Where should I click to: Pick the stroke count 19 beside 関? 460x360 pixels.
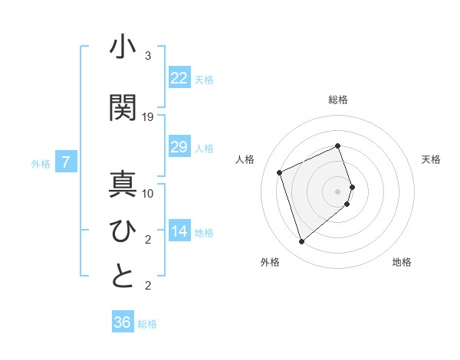click(x=148, y=116)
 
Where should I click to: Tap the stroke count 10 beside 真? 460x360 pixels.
click(x=148, y=193)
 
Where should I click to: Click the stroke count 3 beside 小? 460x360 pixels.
click(x=148, y=56)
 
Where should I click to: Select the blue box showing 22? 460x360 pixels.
click(x=179, y=78)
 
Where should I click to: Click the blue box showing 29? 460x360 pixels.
click(x=179, y=147)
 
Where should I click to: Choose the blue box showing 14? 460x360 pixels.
click(x=179, y=231)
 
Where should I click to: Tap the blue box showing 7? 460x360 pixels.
click(x=66, y=162)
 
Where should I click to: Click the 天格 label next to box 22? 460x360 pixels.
click(x=204, y=79)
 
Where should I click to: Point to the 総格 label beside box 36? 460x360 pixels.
click(x=147, y=324)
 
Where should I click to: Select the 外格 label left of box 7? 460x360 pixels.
click(x=40, y=163)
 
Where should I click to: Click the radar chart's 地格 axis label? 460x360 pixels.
click(x=402, y=263)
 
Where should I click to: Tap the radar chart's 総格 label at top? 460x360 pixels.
click(x=338, y=100)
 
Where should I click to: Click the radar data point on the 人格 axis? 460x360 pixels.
click(x=280, y=172)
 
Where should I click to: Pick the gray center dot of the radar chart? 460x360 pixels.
click(x=338, y=191)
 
